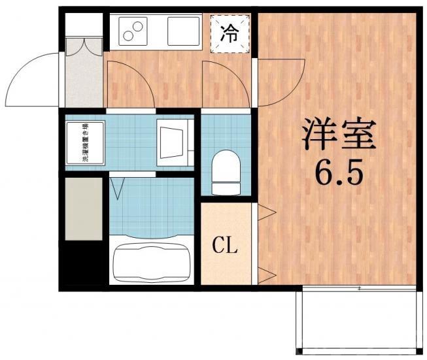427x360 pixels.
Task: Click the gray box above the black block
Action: click(84, 208)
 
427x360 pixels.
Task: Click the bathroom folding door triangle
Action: click(118, 188)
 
